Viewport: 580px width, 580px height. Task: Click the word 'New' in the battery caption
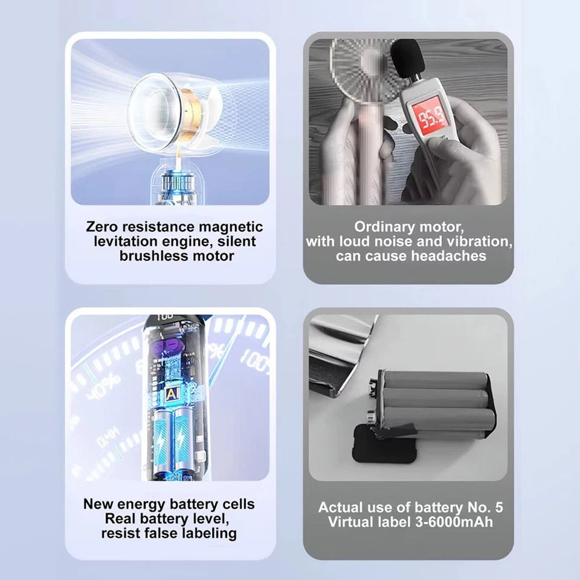[x=97, y=504]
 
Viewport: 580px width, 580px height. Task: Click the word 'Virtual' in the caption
[x=351, y=521]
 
